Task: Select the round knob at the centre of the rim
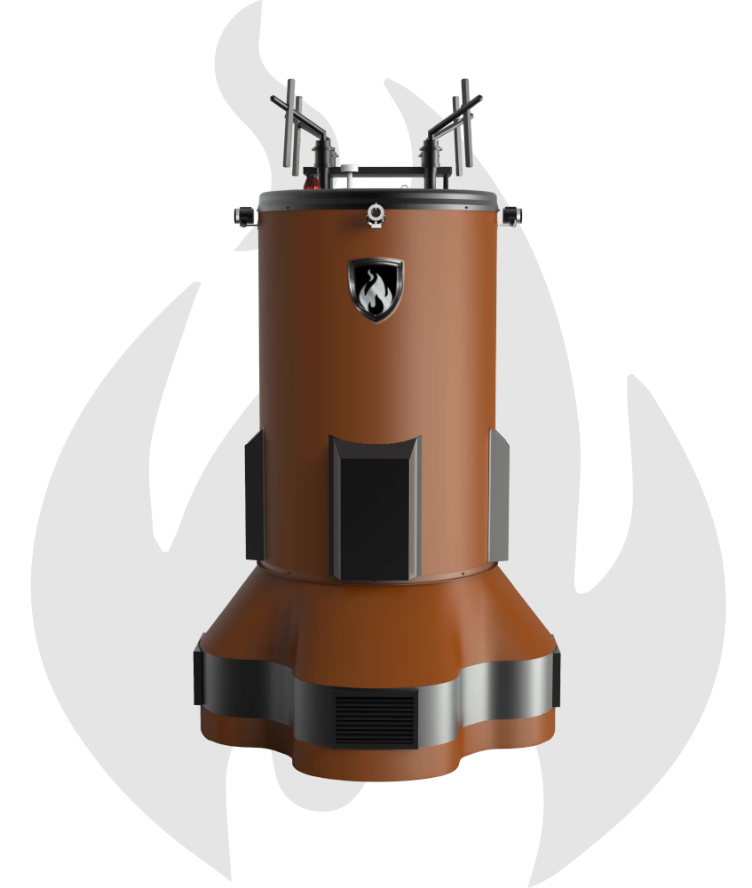[376, 214]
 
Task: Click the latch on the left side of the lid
[242, 215]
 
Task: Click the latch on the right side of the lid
[512, 215]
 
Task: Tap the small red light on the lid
[312, 185]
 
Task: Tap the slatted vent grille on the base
[376, 719]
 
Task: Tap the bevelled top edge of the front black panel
[376, 444]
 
